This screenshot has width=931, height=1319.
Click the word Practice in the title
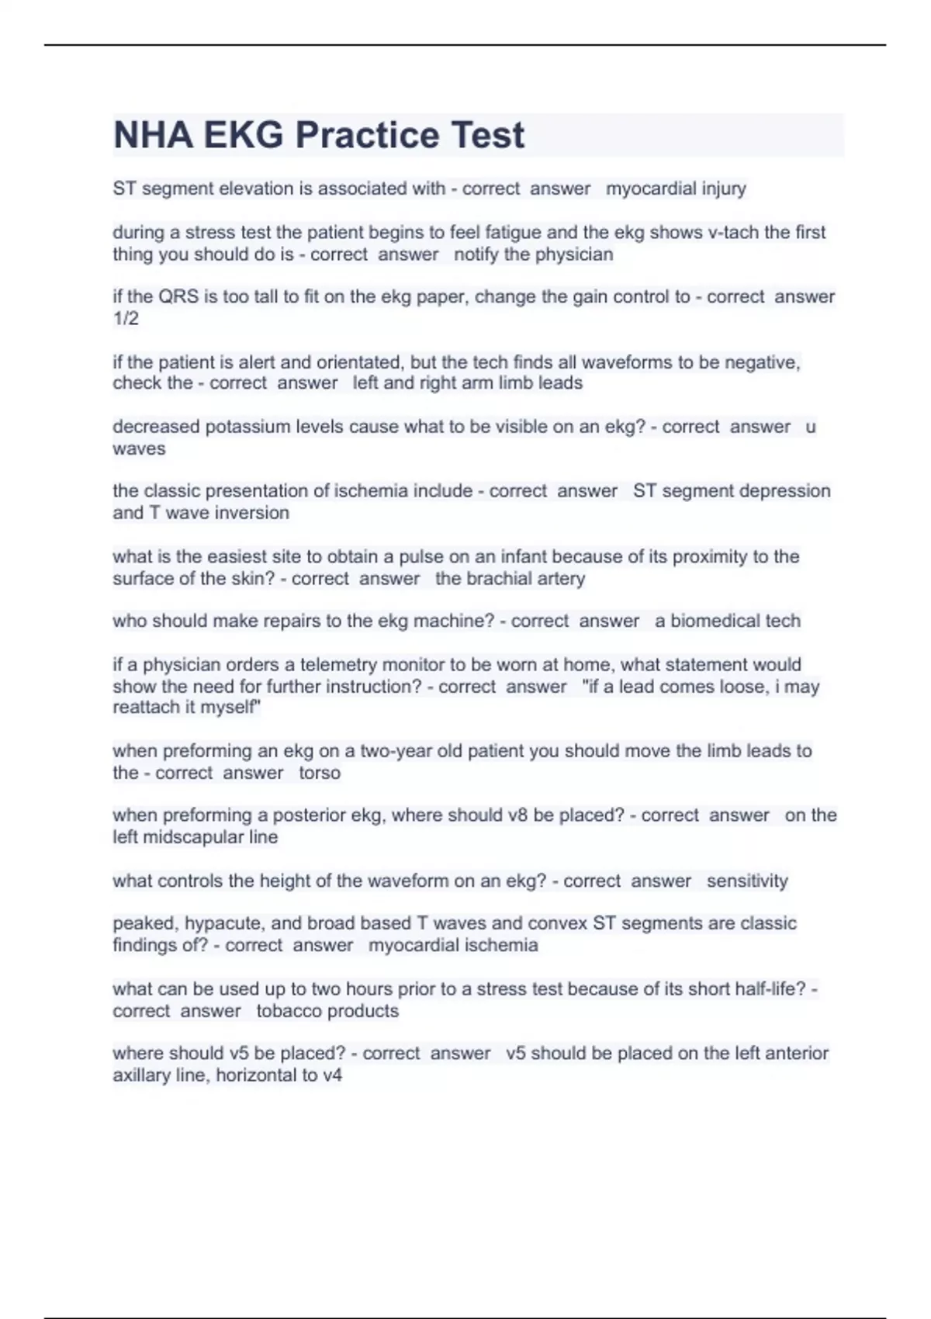click(x=367, y=135)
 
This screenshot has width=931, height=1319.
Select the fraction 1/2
click(x=126, y=318)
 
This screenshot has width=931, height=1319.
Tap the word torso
click(x=320, y=773)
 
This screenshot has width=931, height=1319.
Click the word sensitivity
click(x=747, y=881)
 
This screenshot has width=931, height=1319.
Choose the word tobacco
click(x=289, y=1011)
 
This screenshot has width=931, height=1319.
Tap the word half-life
click(x=765, y=989)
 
